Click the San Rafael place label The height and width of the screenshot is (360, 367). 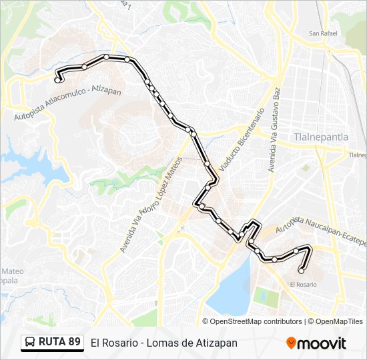click(x=322, y=33)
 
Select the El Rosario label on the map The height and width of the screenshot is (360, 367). click(x=303, y=285)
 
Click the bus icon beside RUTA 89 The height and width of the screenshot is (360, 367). click(x=30, y=343)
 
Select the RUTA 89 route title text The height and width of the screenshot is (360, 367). click(x=59, y=342)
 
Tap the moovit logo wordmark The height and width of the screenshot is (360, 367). click(x=322, y=343)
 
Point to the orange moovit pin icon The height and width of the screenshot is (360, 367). click(x=291, y=343)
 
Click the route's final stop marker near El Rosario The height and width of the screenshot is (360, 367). click(x=301, y=271)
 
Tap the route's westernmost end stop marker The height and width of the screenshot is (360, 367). click(x=57, y=79)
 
